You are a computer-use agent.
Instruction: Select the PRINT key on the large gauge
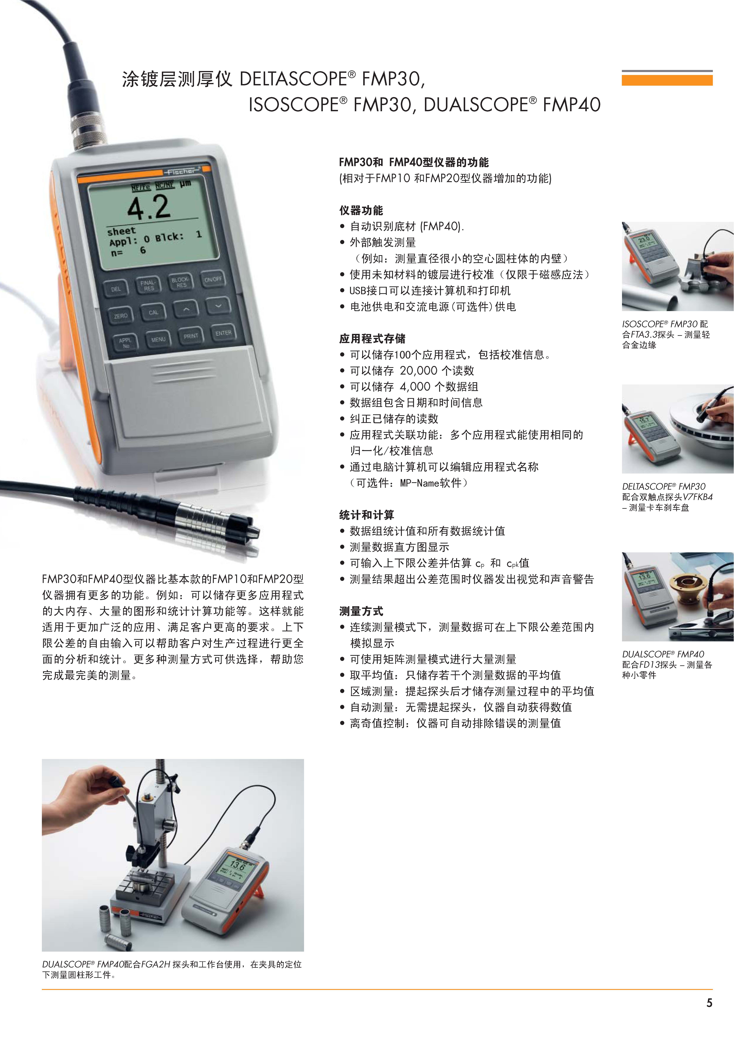pos(191,336)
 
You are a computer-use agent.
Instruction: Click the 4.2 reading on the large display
pos(149,208)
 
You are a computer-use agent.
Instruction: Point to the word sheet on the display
pos(121,232)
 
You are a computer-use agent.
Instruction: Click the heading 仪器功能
pos(361,210)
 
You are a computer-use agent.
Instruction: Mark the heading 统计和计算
pos(366,515)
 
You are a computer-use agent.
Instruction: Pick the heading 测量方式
pos(361,611)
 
